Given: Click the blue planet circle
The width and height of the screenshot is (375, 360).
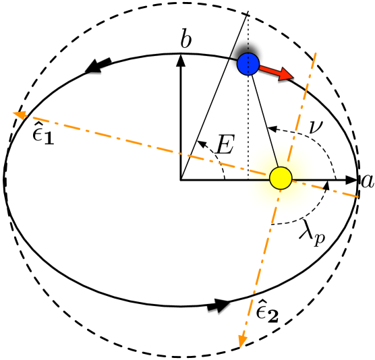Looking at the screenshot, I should click(x=248, y=64).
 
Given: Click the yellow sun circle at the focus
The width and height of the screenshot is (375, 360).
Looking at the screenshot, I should click(x=280, y=178).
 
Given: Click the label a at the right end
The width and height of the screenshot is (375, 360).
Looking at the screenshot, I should click(x=367, y=181).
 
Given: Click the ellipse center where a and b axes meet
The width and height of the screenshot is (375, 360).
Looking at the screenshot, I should click(x=180, y=181).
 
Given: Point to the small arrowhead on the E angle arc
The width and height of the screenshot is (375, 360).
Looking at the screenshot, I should click(x=200, y=142).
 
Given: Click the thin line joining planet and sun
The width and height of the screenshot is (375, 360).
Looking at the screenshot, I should click(x=264, y=121).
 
